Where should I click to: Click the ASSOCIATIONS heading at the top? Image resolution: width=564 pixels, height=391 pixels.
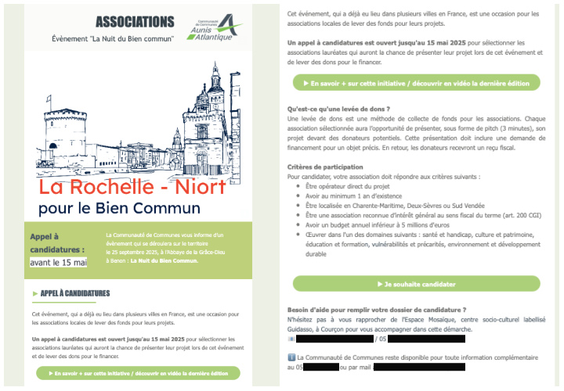[x=134, y=21]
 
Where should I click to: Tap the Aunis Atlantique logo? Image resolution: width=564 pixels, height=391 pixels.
[x=207, y=27]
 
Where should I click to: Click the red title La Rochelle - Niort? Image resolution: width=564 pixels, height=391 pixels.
[x=132, y=188]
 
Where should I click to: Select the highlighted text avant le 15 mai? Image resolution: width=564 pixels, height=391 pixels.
[x=58, y=261]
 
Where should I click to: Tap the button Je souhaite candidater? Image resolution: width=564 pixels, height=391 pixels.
[x=416, y=284]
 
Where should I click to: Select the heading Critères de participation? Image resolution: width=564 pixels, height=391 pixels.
[x=325, y=167]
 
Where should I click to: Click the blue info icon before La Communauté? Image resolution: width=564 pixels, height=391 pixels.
[x=291, y=357]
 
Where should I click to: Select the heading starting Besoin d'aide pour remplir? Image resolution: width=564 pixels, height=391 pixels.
[x=377, y=310]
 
